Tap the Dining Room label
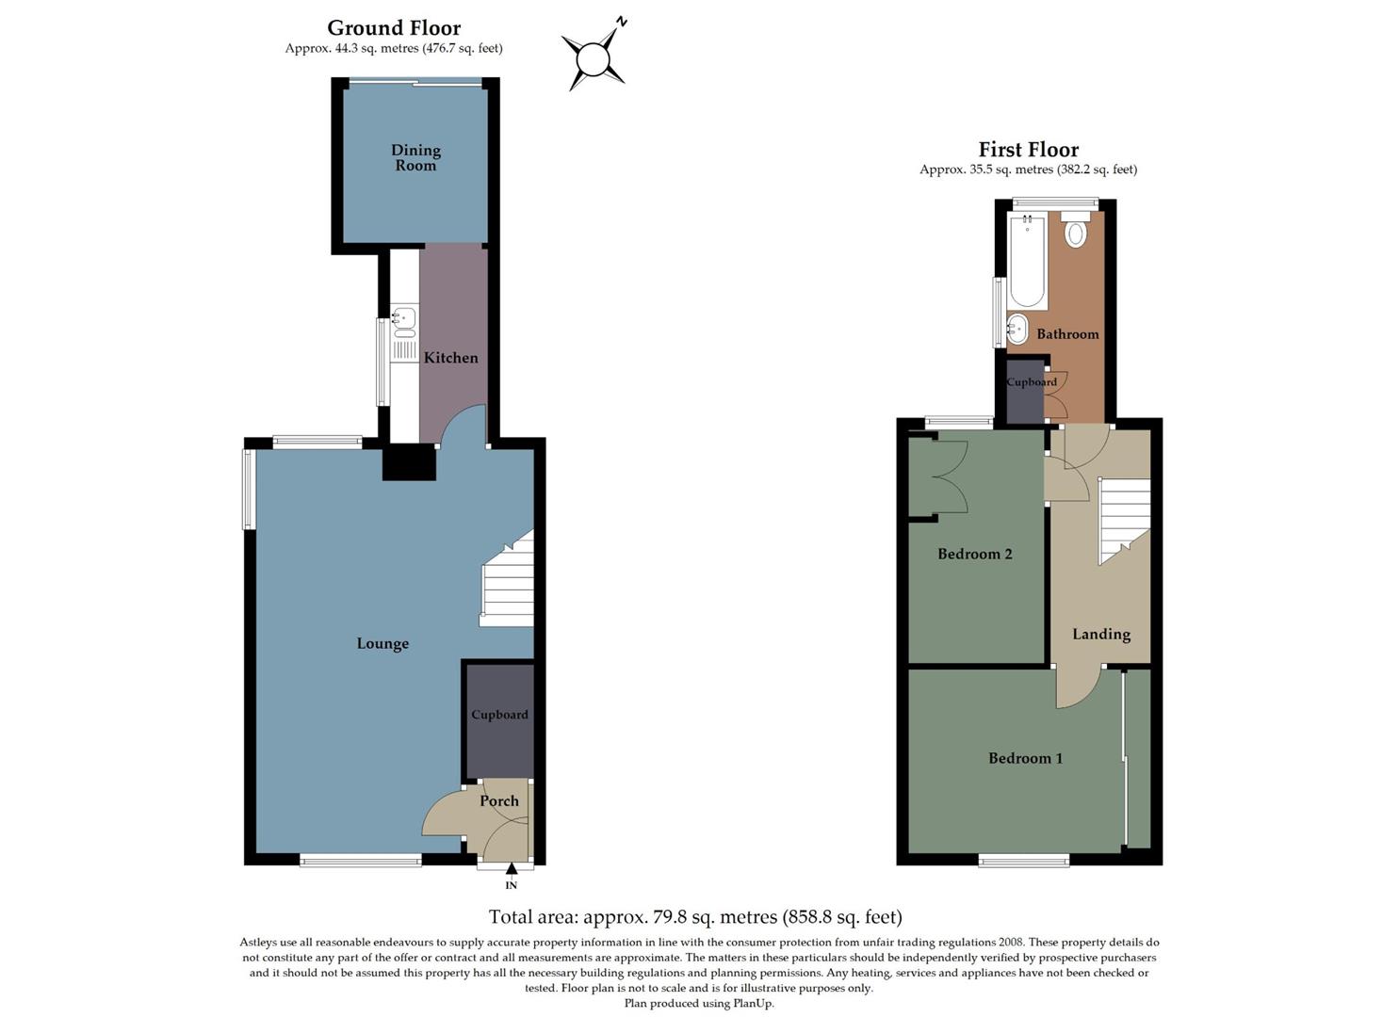click(415, 157)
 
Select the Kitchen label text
click(450, 358)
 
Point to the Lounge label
click(382, 644)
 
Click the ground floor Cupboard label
click(499, 715)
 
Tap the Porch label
click(499, 801)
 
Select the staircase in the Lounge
click(508, 584)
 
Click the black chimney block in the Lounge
click(409, 462)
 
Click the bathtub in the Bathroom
click(1026, 261)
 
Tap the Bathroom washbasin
click(1018, 330)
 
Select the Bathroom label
click(1067, 334)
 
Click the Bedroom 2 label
click(974, 555)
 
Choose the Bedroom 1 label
click(1025, 759)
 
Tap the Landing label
click(1100, 635)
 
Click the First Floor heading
click(1028, 150)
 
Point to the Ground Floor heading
click(394, 28)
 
